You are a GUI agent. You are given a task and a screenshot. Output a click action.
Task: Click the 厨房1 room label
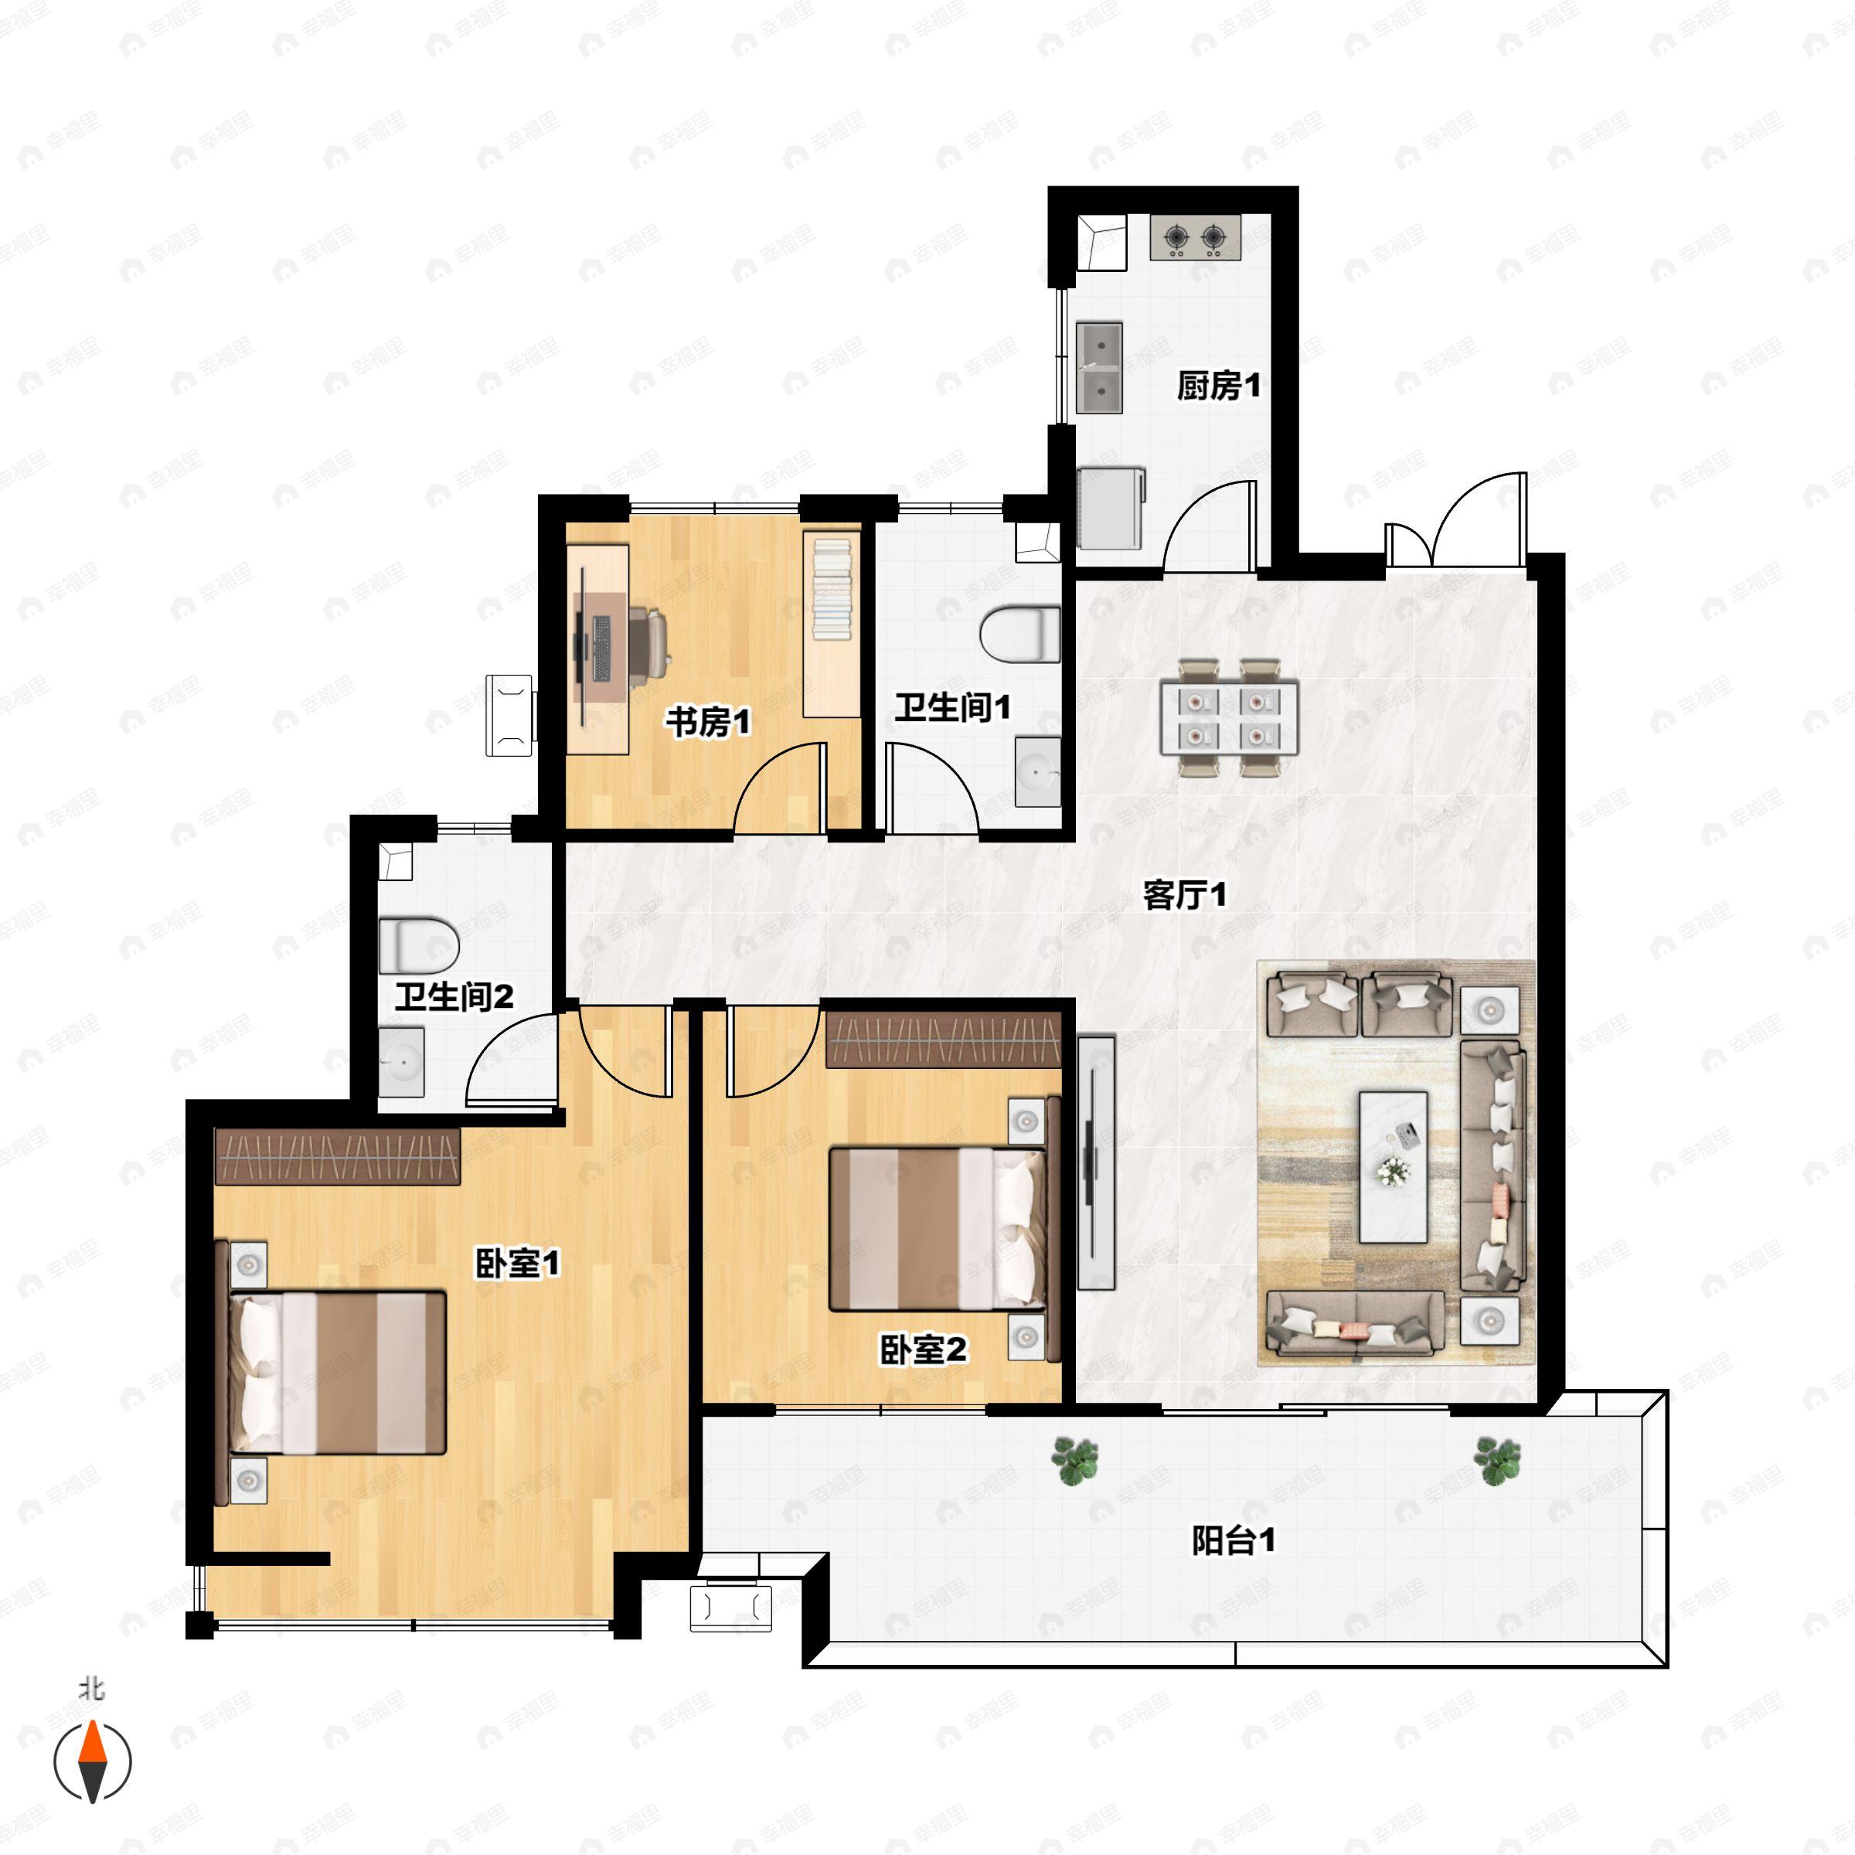click(1218, 386)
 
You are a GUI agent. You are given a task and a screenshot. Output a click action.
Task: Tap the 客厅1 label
click(1185, 895)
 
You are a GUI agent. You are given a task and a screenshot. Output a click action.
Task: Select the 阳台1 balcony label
click(1234, 1541)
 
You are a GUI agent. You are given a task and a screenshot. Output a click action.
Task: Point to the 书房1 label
click(709, 721)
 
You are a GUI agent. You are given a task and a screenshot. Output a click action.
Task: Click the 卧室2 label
click(924, 1350)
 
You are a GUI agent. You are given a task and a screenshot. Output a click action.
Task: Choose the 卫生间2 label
click(454, 996)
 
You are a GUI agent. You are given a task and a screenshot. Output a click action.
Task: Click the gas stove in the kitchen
click(1196, 237)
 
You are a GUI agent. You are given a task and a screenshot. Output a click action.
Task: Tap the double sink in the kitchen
click(1099, 368)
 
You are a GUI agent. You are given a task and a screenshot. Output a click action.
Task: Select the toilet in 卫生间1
click(1019, 635)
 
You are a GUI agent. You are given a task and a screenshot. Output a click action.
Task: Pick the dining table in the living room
click(1230, 717)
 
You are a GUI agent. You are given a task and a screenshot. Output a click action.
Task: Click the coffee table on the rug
click(1393, 1166)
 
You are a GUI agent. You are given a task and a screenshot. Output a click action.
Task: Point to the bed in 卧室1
click(337, 1373)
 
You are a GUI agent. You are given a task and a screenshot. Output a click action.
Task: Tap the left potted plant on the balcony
click(1074, 1460)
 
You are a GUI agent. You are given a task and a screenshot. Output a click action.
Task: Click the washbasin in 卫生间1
click(1038, 772)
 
